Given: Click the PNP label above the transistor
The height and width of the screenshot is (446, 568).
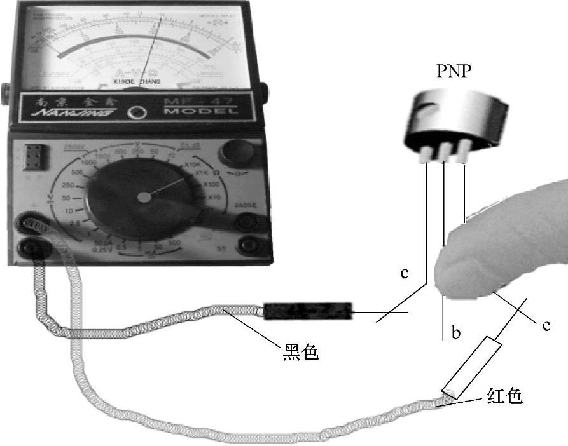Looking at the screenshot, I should click(x=454, y=71).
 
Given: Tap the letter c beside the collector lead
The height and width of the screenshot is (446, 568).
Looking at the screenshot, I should click(x=403, y=274).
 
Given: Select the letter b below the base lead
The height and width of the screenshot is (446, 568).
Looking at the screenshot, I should click(x=455, y=332).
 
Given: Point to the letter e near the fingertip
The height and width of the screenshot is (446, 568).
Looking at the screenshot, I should click(x=546, y=326).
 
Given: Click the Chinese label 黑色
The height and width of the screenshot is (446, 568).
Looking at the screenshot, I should click(x=299, y=351).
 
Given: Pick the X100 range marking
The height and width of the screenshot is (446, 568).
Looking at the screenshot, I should click(x=212, y=184).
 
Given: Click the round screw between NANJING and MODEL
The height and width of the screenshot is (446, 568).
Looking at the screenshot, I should click(x=135, y=114).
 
